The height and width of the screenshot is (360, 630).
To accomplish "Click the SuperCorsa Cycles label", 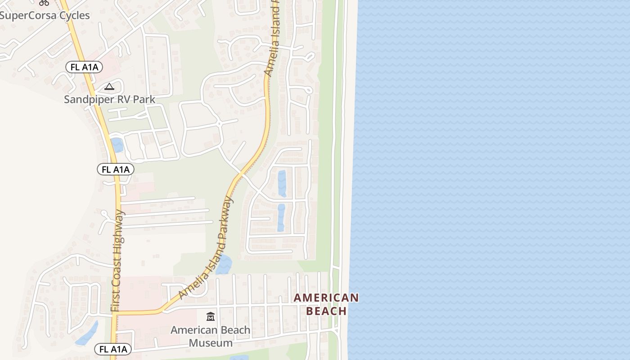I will [45, 15].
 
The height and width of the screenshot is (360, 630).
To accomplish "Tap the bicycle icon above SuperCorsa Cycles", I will [44, 2].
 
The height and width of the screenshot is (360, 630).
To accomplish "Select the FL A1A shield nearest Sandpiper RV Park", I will [84, 67].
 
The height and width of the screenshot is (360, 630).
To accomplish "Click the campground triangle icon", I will [109, 86].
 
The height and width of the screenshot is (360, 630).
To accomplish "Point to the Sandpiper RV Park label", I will [109, 99].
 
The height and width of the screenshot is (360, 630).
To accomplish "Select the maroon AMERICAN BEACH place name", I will [326, 304].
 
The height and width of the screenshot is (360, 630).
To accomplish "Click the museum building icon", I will [211, 317].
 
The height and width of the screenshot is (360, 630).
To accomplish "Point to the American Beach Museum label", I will [211, 336].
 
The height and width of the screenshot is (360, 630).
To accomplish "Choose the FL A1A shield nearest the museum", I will [113, 349].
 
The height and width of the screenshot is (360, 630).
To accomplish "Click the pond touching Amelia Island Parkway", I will [224, 265].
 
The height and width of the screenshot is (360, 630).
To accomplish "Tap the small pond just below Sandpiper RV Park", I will [117, 145].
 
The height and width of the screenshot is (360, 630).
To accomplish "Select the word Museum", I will [211, 343].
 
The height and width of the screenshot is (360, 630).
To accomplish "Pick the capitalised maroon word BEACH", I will [326, 311].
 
